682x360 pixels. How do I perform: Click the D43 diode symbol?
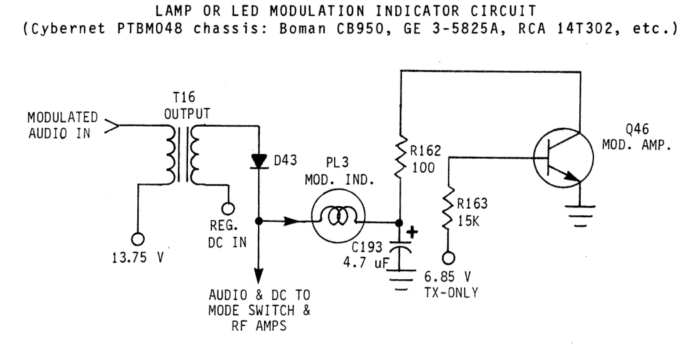point(256,160)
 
